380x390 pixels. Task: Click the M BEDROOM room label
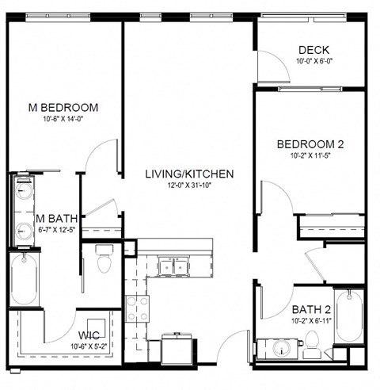click(x=63, y=107)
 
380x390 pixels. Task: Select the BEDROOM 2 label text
click(x=310, y=144)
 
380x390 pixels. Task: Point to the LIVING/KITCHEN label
click(x=188, y=174)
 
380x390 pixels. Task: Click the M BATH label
click(x=54, y=218)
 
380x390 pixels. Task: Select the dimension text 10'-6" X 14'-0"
click(x=63, y=120)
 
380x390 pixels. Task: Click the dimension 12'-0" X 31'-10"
click(x=188, y=185)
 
